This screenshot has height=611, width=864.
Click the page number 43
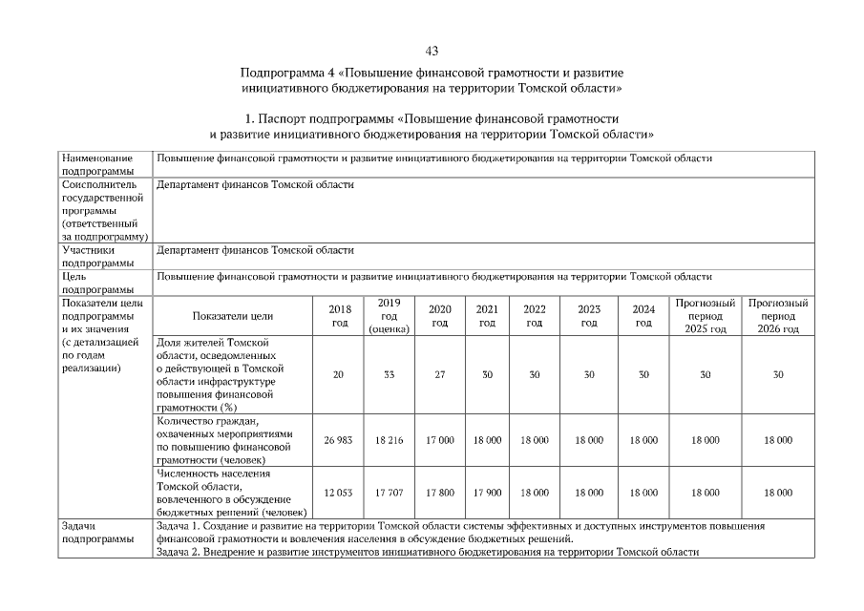[x=432, y=50]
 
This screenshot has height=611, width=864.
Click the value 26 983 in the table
[x=339, y=440]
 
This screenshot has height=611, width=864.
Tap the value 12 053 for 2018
[x=339, y=493]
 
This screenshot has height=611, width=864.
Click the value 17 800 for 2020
[x=440, y=493]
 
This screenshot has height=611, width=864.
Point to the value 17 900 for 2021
[x=487, y=493]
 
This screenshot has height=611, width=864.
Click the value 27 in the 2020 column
[x=440, y=375]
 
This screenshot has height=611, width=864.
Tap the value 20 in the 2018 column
[x=339, y=375]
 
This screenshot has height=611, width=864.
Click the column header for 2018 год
[x=339, y=316]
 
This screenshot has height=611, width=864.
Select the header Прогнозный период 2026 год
[x=778, y=316]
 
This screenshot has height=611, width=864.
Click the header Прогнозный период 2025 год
[x=705, y=316]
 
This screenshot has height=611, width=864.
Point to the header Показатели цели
[x=233, y=316]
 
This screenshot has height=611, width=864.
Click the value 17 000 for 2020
[x=440, y=440]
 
